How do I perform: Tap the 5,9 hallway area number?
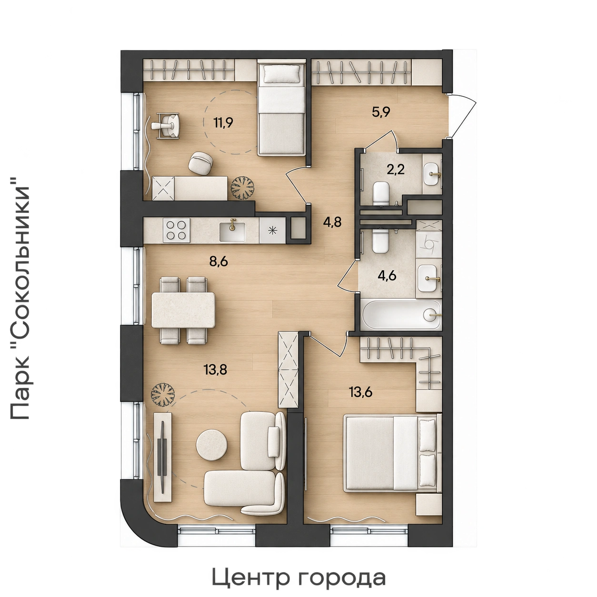381,112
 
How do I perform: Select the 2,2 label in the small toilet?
396,169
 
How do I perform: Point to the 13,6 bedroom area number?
360,392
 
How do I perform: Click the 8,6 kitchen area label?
219,261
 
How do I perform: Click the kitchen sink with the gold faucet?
232,230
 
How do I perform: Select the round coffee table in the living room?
211,445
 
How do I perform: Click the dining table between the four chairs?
183,310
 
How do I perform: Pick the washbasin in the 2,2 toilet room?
432,174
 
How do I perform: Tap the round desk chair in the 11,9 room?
200,162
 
